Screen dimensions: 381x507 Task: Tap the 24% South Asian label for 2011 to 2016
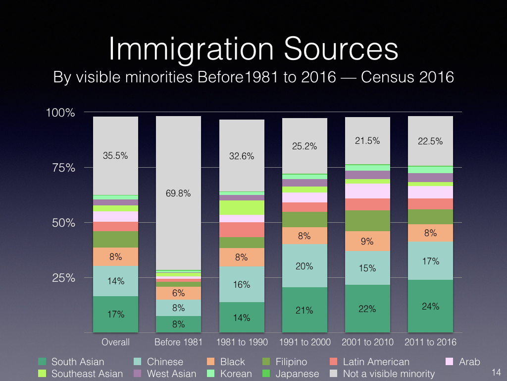pos(430,306)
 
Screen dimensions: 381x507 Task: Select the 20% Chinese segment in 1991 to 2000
pos(304,266)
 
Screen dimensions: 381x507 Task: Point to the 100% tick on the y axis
pos(60,113)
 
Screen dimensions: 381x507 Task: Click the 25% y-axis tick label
pos(63,278)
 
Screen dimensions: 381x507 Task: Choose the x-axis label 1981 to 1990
pos(242,342)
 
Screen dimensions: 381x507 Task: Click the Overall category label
pos(115,342)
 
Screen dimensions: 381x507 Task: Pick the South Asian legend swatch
pos(43,362)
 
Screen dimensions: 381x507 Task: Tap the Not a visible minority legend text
pos(389,374)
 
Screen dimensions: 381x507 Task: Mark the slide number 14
pos(497,373)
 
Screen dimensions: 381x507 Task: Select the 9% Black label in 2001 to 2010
pos(367,242)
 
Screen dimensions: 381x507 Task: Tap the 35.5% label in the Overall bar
pos(115,155)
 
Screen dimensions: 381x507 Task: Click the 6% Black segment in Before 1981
pos(178,293)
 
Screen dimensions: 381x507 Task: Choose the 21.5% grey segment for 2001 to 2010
pos(367,141)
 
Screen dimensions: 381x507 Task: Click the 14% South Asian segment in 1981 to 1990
pos(242,317)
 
